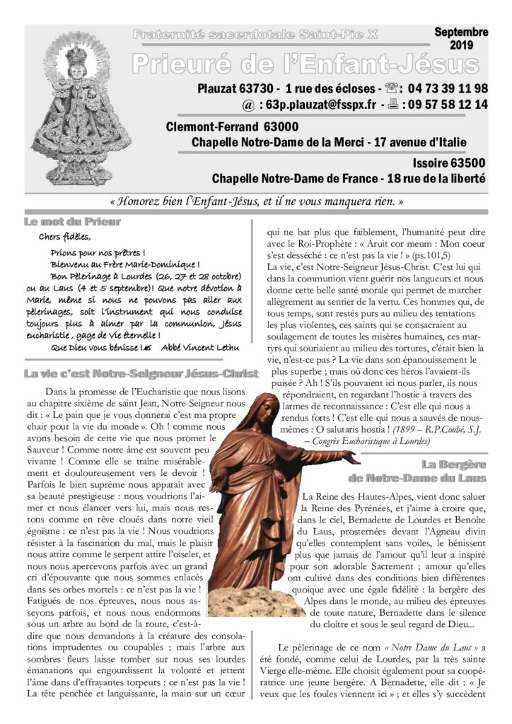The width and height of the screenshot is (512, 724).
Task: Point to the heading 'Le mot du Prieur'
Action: coord(72,222)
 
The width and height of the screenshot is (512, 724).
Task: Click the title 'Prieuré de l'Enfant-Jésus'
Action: coord(305,64)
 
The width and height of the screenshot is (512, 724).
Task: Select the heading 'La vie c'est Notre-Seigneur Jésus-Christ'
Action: coord(140,373)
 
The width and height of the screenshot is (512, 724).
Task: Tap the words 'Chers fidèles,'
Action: coord(65,237)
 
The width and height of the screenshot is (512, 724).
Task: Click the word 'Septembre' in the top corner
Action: coord(461,33)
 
